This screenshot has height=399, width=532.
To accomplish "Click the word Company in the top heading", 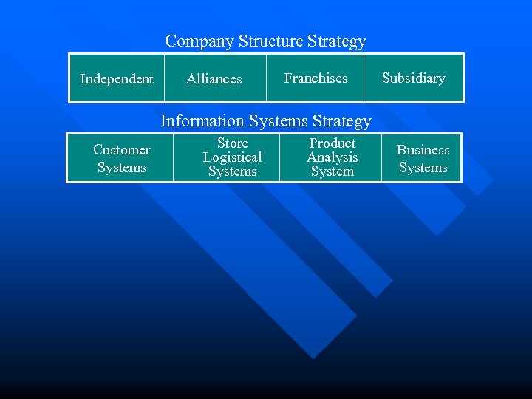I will click(x=199, y=41).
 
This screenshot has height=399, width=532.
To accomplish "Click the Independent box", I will click(x=117, y=78).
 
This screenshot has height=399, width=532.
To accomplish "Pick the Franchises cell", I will click(x=316, y=78).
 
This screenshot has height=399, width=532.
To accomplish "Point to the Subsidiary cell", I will click(x=414, y=78).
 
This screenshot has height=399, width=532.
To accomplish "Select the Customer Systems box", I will click(x=121, y=158).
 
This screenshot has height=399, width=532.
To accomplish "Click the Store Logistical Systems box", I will click(x=232, y=157).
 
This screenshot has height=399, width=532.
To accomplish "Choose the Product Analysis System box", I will click(x=332, y=157).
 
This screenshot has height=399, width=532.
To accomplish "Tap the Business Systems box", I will click(x=423, y=158).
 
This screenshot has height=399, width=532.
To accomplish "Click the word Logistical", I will click(x=232, y=157).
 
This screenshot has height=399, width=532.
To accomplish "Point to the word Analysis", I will click(x=332, y=157).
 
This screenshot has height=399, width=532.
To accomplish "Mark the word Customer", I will click(x=121, y=150).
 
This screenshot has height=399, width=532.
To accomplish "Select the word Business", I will click(x=423, y=150).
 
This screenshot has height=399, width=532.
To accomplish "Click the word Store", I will click(x=232, y=143).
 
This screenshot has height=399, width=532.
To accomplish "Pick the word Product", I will click(x=332, y=143).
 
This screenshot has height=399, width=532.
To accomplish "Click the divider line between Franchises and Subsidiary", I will click(x=364, y=78).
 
